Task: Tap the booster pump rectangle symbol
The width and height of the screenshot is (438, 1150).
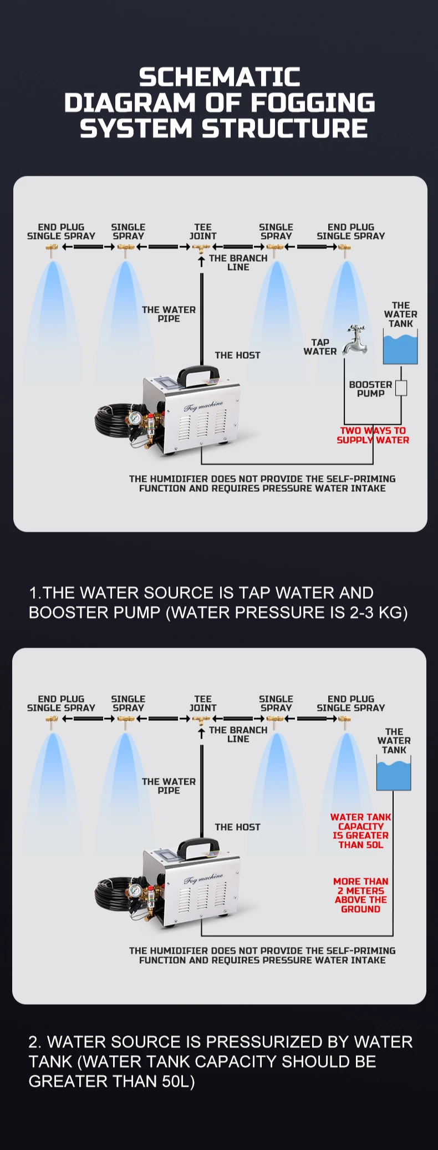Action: click(401, 388)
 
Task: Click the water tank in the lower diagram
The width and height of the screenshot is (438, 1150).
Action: click(394, 774)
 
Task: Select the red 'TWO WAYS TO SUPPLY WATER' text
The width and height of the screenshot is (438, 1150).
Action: click(373, 435)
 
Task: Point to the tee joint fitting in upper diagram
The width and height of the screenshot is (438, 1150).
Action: click(202, 249)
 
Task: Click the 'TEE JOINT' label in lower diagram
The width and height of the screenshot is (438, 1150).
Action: click(203, 703)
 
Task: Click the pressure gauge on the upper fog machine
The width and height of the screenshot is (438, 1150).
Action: click(134, 417)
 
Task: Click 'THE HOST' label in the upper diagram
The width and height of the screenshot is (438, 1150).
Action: click(237, 355)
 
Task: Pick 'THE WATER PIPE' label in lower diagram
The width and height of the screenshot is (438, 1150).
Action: click(169, 786)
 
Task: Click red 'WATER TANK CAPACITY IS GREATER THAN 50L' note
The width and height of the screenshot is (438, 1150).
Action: click(361, 831)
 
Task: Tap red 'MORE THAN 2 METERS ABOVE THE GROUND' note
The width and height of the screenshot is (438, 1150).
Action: click(361, 895)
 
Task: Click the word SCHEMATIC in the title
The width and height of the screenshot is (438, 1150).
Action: click(220, 77)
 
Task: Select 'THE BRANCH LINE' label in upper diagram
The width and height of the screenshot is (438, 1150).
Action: click(238, 262)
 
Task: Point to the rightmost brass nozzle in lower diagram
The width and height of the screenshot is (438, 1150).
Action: click(345, 721)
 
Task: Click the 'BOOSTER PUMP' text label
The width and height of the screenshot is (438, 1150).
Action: click(370, 389)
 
